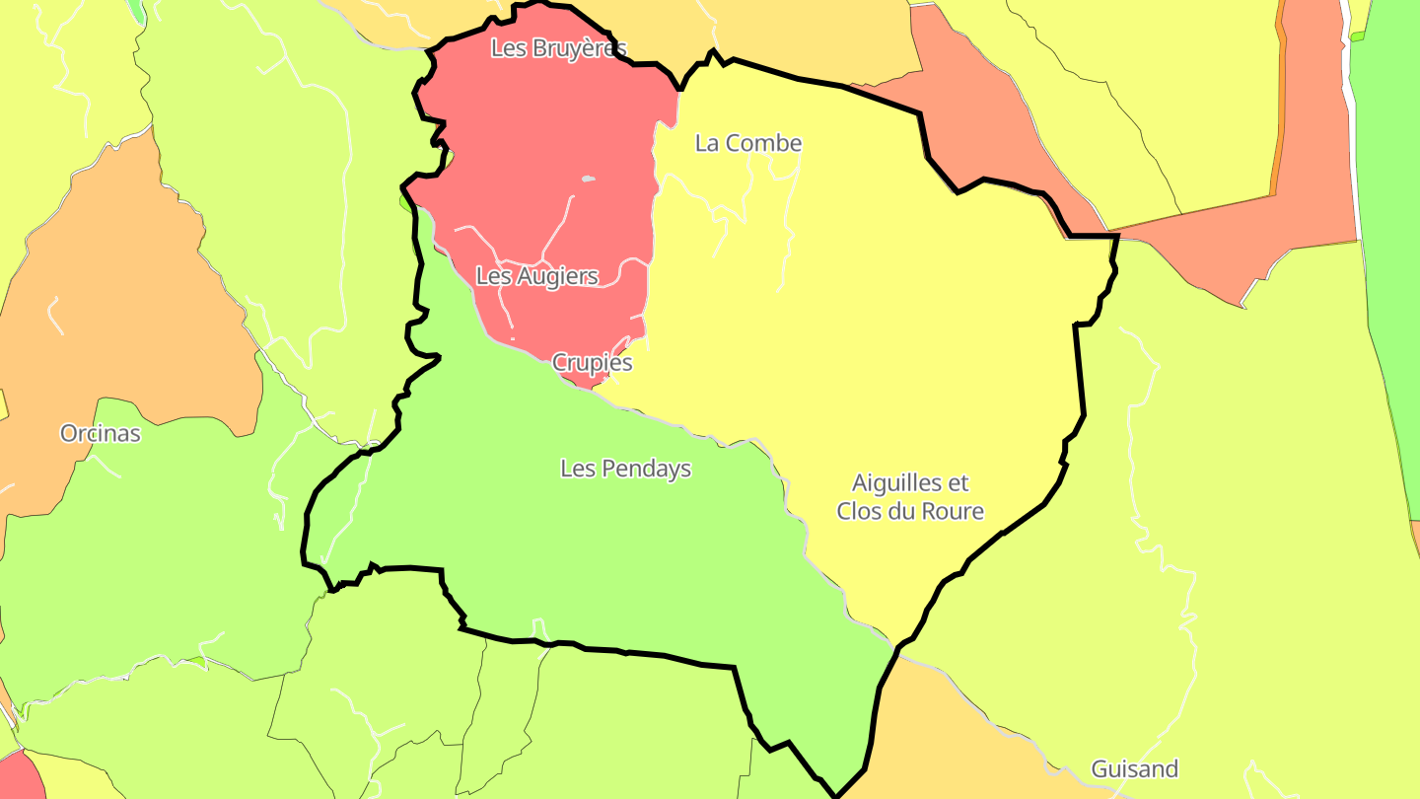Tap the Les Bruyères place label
558,48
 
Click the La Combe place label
748,143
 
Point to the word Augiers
557,276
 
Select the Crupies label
592,362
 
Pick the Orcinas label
100,433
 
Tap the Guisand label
1134,768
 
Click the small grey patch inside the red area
589,179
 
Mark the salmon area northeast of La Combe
976,118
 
